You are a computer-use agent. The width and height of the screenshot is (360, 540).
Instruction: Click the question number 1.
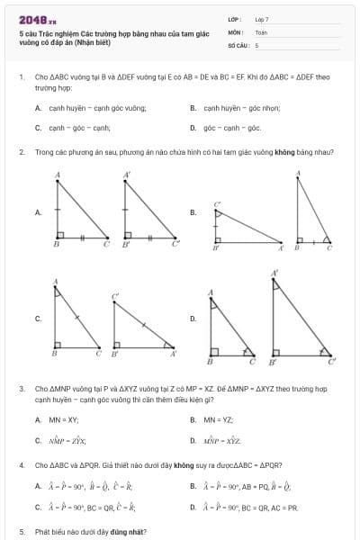pos(21,77)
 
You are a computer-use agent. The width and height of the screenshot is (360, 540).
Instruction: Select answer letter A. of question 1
pos(38,108)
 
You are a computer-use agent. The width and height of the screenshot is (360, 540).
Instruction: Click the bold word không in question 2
pos(276,151)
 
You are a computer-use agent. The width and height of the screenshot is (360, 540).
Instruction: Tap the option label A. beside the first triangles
pos(38,212)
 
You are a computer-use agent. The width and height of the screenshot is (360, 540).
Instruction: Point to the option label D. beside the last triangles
pos(193,318)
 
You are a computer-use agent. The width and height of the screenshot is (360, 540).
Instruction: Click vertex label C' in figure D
pos(332,362)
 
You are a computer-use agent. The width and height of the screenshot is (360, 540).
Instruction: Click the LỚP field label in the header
pos(235,18)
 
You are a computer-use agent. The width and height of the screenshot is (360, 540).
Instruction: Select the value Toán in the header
pos(261,31)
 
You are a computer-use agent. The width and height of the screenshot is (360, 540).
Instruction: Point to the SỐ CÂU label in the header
pos(238,44)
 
